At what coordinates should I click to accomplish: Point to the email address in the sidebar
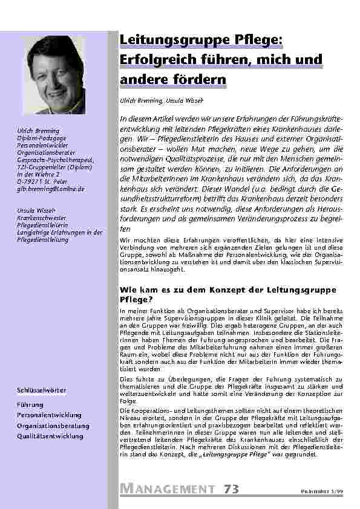[x=51, y=189]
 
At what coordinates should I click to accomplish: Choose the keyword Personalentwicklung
[x=49, y=415]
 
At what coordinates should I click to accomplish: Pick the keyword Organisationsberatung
[x=53, y=426]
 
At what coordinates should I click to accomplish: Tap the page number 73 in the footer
[x=231, y=488]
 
